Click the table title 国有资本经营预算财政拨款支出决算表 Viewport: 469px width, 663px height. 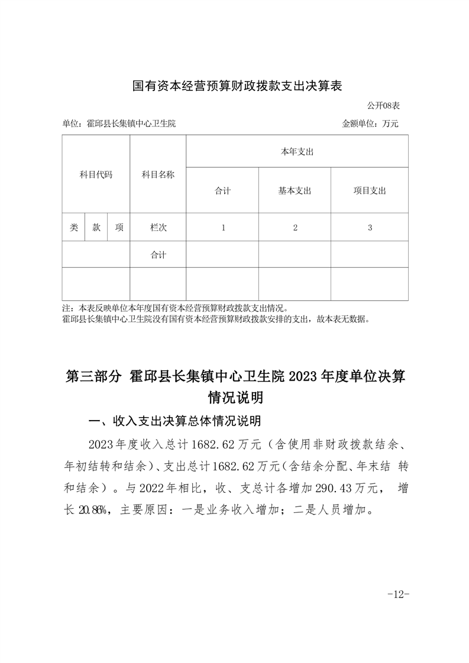point(237,86)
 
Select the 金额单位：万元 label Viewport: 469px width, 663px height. point(370,124)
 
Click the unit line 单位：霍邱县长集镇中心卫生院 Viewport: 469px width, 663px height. point(119,124)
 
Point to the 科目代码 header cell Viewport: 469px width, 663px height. point(96,174)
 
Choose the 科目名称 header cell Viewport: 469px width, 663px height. point(158,174)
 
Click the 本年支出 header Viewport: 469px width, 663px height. point(297,152)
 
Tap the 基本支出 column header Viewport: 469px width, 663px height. point(295,191)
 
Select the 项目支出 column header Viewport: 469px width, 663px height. point(370,191)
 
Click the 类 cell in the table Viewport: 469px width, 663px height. point(73,227)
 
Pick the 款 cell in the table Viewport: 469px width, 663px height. point(96,227)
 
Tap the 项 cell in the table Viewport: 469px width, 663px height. point(119,227)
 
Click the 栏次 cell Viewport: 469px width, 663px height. point(158,227)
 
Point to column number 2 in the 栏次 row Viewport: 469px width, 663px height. point(295,227)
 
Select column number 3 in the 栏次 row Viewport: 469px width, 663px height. point(370,227)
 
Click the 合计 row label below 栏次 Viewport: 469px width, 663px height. point(158,255)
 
